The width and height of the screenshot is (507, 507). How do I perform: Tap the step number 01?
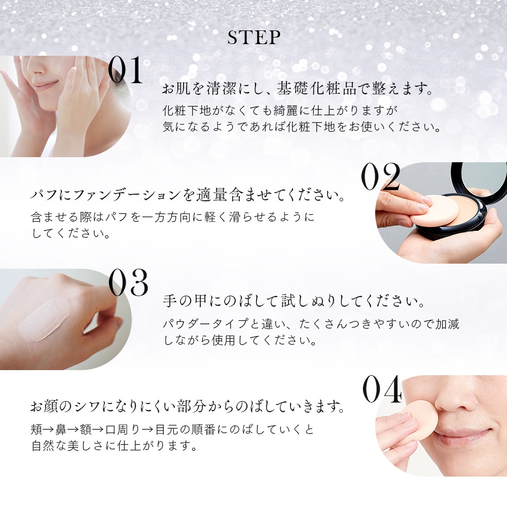tap(125, 70)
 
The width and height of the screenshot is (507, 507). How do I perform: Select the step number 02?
tap(381, 176)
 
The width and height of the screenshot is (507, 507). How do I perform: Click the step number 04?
tap(382, 389)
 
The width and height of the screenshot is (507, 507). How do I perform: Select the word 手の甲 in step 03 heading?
tap(185, 301)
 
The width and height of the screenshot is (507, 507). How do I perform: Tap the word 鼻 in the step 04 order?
tap(61, 430)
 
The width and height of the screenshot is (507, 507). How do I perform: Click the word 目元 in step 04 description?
tap(167, 430)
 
